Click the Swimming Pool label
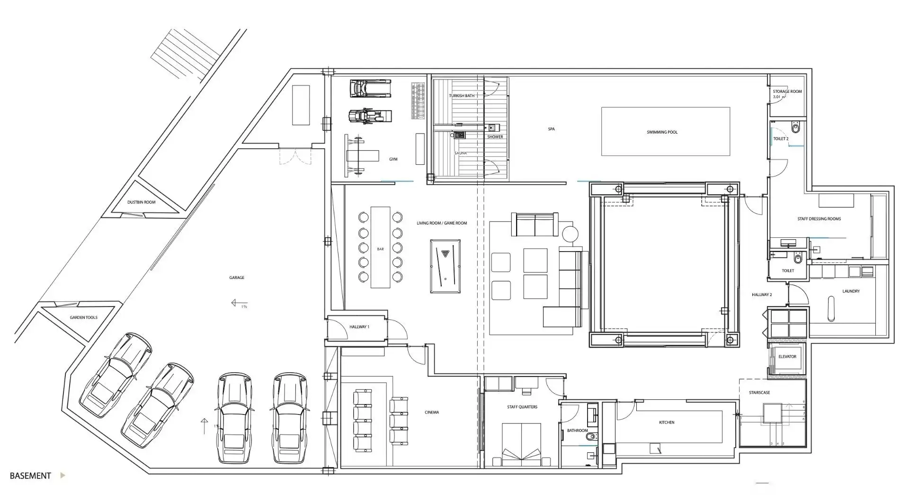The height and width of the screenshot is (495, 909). click(662, 132)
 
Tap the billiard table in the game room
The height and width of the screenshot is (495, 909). click(445, 267)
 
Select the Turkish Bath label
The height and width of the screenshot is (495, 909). click(462, 96)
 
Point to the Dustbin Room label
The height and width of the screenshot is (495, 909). click(141, 202)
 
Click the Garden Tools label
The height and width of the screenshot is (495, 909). click(84, 317)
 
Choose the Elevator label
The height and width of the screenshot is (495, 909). click(787, 357)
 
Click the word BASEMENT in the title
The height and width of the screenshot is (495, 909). click(30, 476)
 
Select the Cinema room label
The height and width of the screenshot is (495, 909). click(432, 413)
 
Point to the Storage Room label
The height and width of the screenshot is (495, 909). click(787, 91)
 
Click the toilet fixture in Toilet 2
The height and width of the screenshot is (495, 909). click(795, 127)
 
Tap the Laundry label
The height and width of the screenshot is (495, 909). click(851, 291)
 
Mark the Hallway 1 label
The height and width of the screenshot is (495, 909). click(359, 327)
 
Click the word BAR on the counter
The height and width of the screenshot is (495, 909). click(380, 249)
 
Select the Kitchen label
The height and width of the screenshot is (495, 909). click(667, 423)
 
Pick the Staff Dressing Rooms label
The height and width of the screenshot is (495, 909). click(819, 219)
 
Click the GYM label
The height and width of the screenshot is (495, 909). click(393, 159)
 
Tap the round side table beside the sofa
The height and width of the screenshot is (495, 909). click(570, 234)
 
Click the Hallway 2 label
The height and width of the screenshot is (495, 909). click(762, 295)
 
